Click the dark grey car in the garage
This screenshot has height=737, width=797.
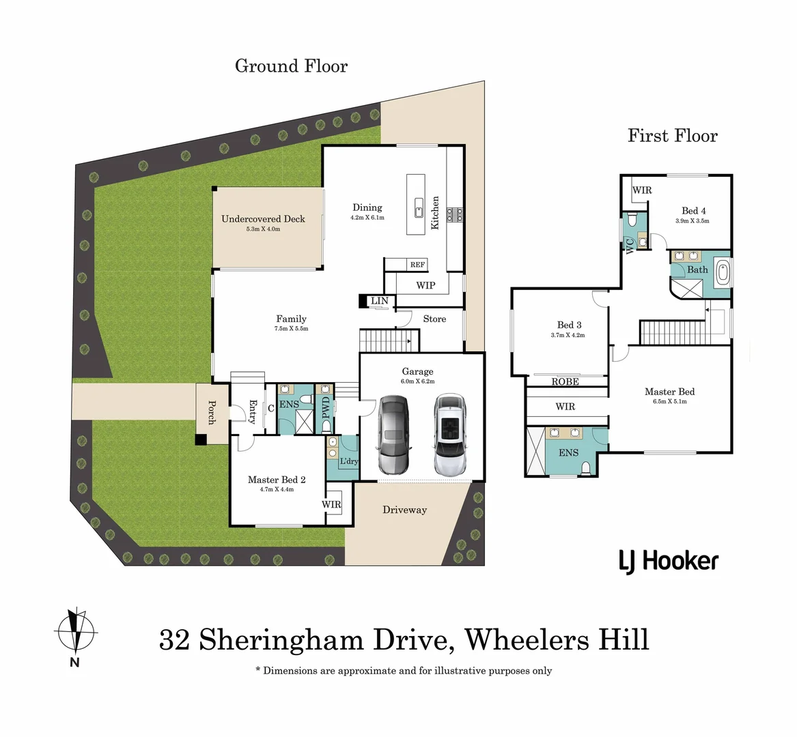pos(392,435)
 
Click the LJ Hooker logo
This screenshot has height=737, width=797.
pos(669,561)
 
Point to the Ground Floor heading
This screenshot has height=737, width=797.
pos(291,66)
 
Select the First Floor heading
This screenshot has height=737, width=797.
pos(673,136)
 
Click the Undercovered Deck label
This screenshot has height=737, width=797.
pos(263,219)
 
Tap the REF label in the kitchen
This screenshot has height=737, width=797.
pos(417,265)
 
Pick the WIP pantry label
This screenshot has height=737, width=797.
pos(425,285)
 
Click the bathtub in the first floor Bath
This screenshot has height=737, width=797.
pos(721,270)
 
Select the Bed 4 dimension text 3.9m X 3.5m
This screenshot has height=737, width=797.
pos(693,221)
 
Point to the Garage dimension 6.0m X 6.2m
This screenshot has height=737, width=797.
pos(418,381)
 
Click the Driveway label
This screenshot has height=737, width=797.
pos(404,510)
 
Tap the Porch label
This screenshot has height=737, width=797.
pos(212,412)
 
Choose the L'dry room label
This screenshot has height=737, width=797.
pos(348,461)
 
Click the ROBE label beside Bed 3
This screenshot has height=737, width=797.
pos(565,381)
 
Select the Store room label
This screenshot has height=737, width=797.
pos(434,319)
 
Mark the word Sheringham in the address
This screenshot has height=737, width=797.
pos(281,640)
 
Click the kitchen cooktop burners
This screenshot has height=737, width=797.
pos(455,216)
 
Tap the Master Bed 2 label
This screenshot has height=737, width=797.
pos(277,480)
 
